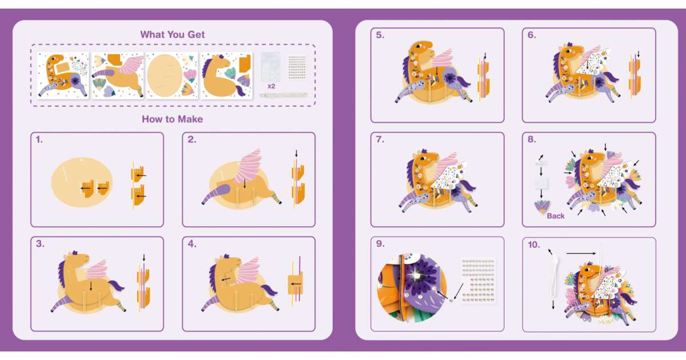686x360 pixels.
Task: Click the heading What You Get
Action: click(x=173, y=35)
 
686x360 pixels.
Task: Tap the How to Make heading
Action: click(x=173, y=119)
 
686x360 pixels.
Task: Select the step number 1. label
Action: click(x=39, y=139)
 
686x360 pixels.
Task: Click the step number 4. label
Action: click(x=192, y=244)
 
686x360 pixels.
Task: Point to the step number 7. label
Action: click(x=380, y=139)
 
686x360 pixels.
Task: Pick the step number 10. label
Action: click(x=534, y=245)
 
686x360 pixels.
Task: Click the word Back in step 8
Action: click(x=556, y=216)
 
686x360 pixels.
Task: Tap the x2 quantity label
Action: click(x=272, y=86)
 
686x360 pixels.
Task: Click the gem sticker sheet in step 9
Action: click(x=478, y=281)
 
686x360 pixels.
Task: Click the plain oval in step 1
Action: click(x=81, y=182)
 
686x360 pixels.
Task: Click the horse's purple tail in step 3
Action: click(x=115, y=286)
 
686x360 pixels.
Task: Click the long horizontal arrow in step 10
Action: click(x=581, y=254)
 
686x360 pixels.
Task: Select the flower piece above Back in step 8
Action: click(x=541, y=207)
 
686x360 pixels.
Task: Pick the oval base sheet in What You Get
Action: click(x=172, y=75)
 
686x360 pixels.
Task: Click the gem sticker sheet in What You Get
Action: click(x=297, y=67)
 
